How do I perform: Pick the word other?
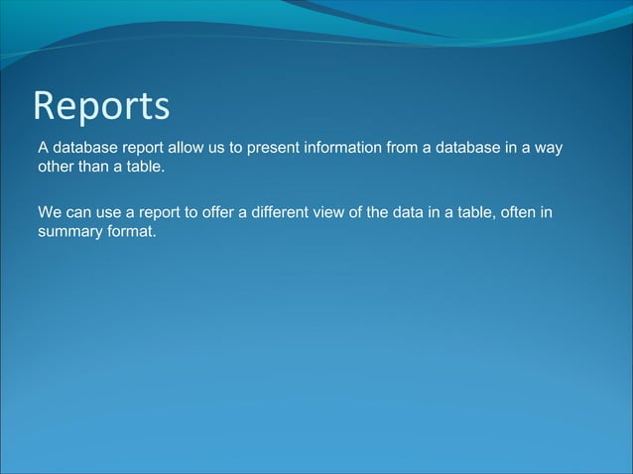(x=57, y=167)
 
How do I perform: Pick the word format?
(x=132, y=231)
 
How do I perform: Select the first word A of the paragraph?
(x=44, y=148)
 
